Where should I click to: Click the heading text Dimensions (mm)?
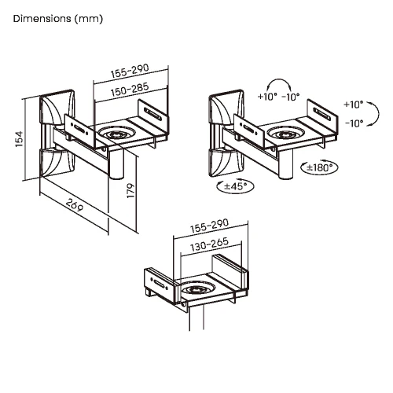(x=58, y=19)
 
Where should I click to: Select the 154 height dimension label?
(x=19, y=139)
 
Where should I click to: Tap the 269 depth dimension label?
(x=75, y=204)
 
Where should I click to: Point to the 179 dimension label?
(x=130, y=190)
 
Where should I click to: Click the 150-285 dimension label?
(x=130, y=90)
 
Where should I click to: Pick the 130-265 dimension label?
(x=209, y=244)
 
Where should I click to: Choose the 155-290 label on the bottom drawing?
(x=209, y=226)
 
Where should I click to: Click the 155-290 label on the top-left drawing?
(x=130, y=71)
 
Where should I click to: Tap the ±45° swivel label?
(x=236, y=186)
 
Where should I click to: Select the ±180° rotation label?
(x=320, y=167)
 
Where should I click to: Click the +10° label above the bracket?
(x=267, y=97)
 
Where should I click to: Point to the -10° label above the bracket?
(x=291, y=97)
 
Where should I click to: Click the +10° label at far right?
(x=354, y=105)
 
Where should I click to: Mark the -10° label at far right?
(x=354, y=123)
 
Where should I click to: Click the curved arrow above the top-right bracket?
(x=279, y=79)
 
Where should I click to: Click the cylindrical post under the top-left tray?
(x=116, y=164)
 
